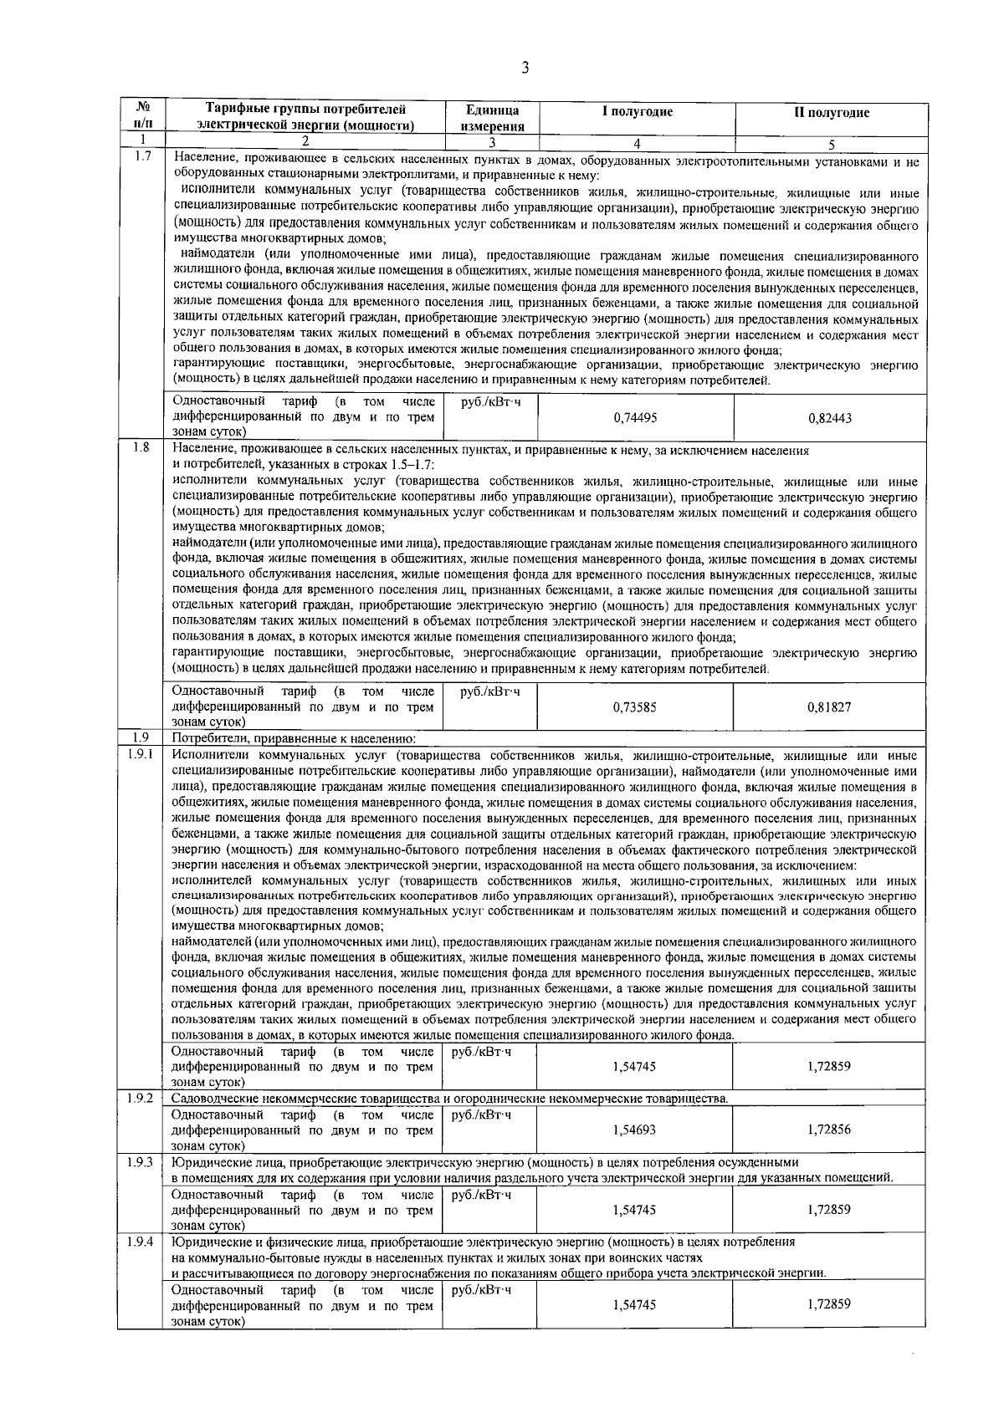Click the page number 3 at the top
(525, 69)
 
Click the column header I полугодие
(637, 112)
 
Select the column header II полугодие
(831, 113)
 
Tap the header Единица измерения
(493, 119)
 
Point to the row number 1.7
(141, 156)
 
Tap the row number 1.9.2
(141, 1097)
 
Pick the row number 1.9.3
(141, 1161)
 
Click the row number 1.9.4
(141, 1241)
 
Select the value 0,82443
(830, 417)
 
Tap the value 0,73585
(634, 706)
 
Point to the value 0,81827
(829, 706)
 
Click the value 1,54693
(634, 1130)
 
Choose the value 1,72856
(829, 1130)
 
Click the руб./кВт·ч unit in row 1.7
(490, 402)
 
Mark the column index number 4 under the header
(637, 142)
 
